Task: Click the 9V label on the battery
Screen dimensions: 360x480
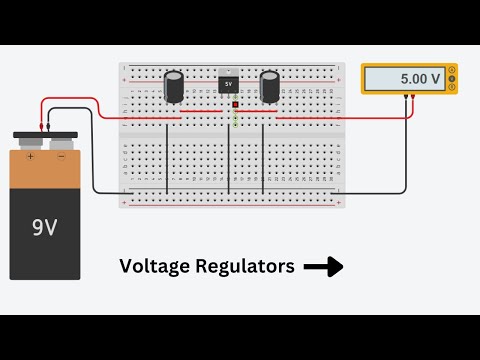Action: point(44,227)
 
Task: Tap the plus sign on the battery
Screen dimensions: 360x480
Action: point(31,156)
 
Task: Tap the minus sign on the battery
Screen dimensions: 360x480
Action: point(61,156)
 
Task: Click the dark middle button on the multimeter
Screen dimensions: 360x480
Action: point(452,78)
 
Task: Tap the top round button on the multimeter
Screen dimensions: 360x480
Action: point(452,69)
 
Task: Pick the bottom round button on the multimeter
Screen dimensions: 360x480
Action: point(452,87)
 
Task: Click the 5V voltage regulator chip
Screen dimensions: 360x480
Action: point(229,83)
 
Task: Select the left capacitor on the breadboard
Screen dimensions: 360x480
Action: point(175,86)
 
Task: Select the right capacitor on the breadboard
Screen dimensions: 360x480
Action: point(269,86)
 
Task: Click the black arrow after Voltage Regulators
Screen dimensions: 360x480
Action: point(323,267)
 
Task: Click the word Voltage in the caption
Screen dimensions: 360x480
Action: point(151,266)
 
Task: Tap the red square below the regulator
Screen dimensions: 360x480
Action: point(235,105)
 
